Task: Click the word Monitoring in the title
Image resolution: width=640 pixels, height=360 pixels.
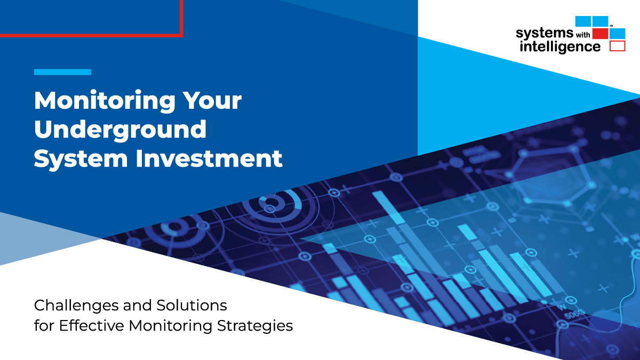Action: point(105,101)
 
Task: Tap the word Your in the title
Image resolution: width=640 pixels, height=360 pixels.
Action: point(212,100)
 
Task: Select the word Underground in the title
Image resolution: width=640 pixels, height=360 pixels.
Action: point(121,130)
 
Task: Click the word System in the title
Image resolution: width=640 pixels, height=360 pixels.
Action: point(81,159)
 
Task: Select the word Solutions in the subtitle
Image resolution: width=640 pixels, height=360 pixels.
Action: point(191,305)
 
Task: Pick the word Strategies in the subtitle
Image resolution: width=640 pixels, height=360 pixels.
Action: point(255,326)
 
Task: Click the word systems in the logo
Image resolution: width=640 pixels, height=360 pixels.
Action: point(545,34)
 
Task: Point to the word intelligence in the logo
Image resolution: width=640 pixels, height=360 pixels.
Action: point(560,47)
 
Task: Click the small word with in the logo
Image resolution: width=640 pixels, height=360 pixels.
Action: point(583,35)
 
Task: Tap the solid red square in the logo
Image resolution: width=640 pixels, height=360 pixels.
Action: point(601,34)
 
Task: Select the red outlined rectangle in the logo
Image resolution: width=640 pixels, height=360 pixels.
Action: point(618,46)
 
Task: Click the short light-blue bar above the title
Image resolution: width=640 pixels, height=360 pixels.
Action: point(62,72)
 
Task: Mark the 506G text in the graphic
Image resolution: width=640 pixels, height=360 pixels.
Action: point(574,314)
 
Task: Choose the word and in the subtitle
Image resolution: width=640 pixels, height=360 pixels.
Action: point(137,305)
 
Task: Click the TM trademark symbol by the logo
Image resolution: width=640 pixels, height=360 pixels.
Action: point(611,26)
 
